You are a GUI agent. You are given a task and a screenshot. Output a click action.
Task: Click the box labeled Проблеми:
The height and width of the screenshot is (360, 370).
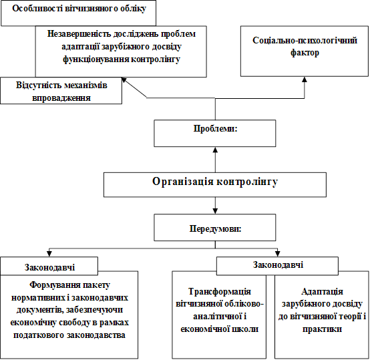(x=215, y=134)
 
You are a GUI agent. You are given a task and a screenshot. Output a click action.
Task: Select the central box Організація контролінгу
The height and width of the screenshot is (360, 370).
(x=215, y=185)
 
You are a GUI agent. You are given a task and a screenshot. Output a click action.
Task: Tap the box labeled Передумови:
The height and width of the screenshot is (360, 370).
(x=215, y=227)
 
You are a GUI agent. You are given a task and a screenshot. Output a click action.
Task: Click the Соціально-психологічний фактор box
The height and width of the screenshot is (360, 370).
(x=305, y=51)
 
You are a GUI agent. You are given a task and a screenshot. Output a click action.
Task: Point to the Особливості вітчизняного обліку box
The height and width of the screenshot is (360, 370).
(x=79, y=13)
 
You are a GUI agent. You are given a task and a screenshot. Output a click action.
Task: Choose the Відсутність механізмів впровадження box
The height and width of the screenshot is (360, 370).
(x=61, y=91)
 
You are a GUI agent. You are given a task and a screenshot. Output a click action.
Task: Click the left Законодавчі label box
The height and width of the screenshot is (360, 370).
(x=49, y=266)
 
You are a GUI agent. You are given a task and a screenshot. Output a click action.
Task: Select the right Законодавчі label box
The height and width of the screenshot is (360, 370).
(x=277, y=266)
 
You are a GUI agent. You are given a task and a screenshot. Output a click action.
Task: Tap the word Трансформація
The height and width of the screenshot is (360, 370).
(x=220, y=292)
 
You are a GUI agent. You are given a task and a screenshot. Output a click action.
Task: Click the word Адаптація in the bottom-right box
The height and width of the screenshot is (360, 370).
(x=322, y=292)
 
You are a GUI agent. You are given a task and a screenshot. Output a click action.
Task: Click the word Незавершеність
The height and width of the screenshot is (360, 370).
(x=79, y=34)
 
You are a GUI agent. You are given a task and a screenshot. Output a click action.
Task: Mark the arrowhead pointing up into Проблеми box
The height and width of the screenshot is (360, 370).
(x=215, y=150)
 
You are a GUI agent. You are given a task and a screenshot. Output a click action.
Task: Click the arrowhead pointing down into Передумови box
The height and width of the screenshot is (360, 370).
(x=215, y=211)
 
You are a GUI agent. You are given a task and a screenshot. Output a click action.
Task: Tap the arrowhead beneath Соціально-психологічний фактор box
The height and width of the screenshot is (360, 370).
(x=305, y=79)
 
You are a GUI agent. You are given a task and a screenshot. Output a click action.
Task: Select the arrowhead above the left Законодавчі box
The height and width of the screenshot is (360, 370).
(x=49, y=254)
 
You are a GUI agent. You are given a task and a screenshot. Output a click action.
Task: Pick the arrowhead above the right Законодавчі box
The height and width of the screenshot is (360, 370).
(x=278, y=254)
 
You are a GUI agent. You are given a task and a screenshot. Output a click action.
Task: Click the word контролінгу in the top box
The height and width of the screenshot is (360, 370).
(x=156, y=59)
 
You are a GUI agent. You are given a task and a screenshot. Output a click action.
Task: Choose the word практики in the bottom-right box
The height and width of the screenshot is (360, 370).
(x=322, y=329)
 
